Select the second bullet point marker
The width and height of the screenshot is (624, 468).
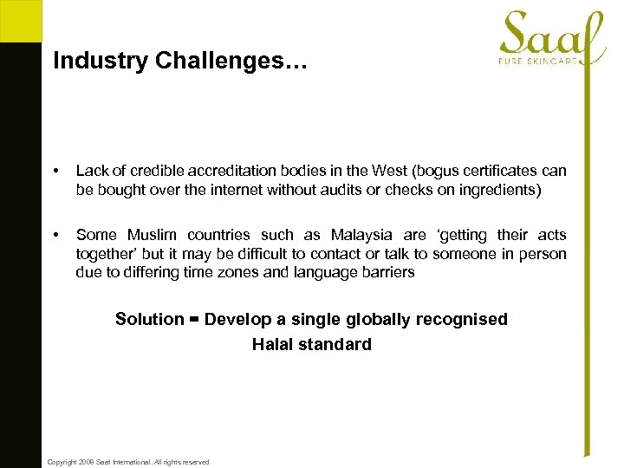pos(56,235)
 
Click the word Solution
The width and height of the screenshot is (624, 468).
pos(149,319)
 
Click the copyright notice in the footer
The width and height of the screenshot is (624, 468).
pos(128,462)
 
